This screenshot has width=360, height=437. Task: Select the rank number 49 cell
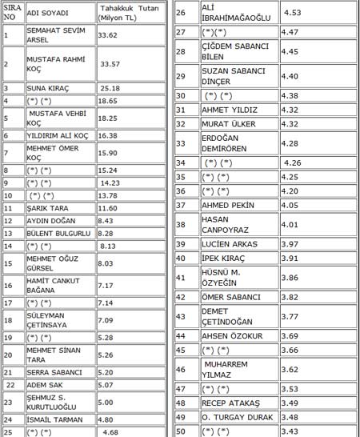tap(181, 417)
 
